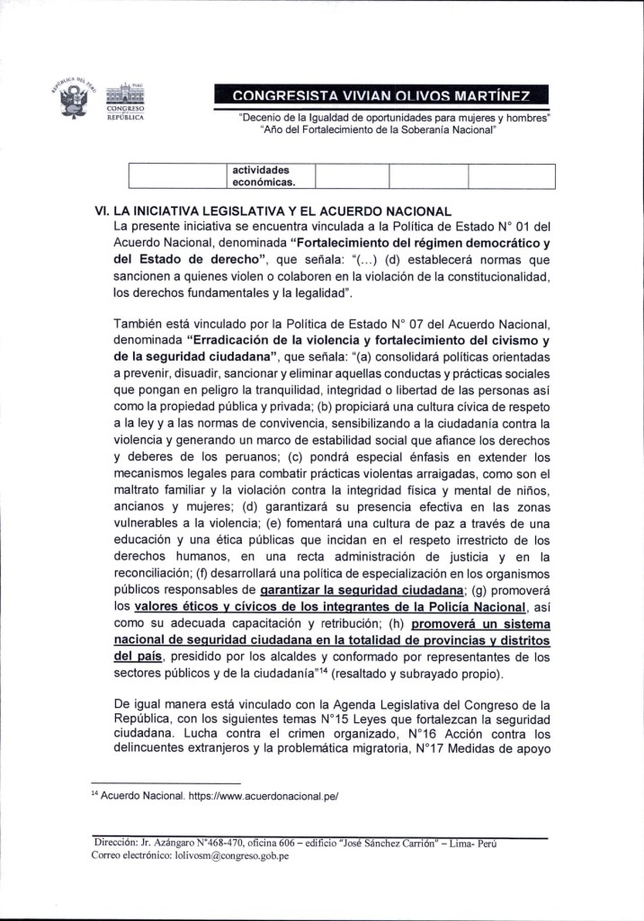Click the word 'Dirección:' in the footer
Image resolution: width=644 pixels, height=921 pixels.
(116, 843)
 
